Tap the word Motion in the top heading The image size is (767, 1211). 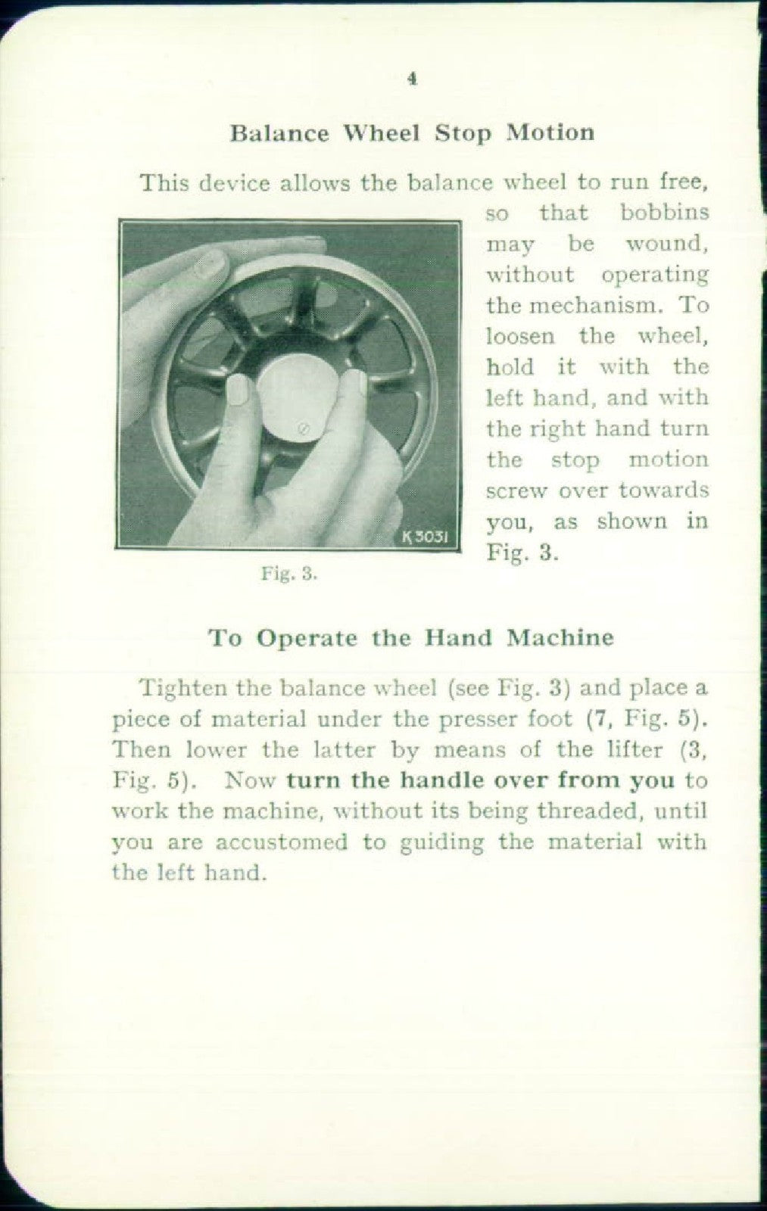[550, 132]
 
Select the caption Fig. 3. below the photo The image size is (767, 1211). [288, 574]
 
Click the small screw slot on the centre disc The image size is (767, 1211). [302, 428]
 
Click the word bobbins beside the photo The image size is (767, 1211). [664, 213]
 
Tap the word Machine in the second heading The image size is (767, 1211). [560, 637]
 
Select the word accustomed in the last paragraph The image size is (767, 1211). [281, 842]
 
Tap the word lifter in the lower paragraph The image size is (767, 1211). [642, 750]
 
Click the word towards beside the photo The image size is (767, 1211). [663, 490]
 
